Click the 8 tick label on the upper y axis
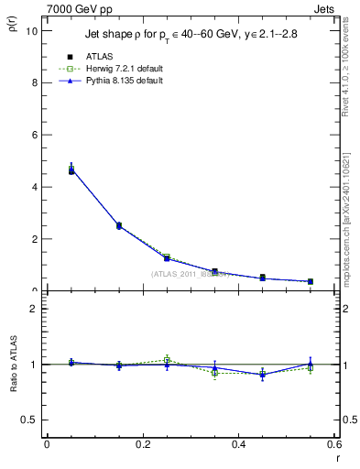tap(34, 82)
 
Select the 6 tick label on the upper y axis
tap(34, 135)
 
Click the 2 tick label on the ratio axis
tap(34, 309)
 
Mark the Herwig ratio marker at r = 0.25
tap(167, 359)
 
